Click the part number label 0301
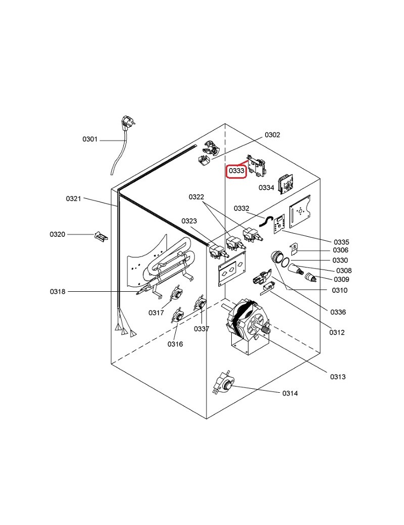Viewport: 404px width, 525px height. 90,139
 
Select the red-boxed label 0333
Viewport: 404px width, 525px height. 236,172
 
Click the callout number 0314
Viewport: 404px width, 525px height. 290,393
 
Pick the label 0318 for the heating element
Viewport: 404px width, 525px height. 57,292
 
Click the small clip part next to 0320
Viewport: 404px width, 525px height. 100,236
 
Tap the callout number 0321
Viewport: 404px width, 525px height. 73,199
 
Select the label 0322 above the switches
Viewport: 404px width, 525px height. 196,196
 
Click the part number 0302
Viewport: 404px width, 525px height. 272,135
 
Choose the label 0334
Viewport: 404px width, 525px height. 266,188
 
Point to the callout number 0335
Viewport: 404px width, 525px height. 341,242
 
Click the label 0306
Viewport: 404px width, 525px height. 340,250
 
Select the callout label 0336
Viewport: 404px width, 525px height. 338,312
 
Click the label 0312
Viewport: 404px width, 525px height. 337,332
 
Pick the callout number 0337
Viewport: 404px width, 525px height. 201,329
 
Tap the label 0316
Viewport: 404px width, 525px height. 175,344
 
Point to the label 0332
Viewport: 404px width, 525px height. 241,208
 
